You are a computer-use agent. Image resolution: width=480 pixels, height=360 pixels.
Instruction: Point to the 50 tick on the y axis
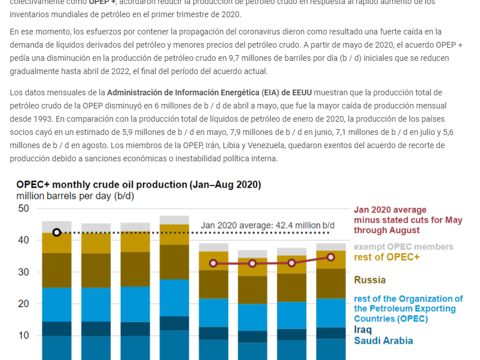(x=23, y=208)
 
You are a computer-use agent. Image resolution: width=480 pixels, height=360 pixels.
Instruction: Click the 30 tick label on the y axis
(x=23, y=272)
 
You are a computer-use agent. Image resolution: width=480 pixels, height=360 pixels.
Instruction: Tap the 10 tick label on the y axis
(x=23, y=335)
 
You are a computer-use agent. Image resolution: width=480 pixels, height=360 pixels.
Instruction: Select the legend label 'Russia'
(x=370, y=280)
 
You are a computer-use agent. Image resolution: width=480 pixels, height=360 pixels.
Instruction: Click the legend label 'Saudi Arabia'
(x=383, y=340)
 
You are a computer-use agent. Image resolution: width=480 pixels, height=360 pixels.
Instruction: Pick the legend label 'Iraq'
(x=363, y=330)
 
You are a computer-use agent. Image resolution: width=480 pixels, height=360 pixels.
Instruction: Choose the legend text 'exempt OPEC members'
(x=403, y=247)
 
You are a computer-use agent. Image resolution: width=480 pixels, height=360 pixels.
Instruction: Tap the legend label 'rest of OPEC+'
(x=386, y=257)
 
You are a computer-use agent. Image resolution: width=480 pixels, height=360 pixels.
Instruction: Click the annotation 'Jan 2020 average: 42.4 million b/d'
(x=268, y=225)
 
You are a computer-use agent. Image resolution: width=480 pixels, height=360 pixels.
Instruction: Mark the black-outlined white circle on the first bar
(x=56, y=233)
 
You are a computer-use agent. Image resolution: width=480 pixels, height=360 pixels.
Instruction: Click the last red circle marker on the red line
(x=331, y=257)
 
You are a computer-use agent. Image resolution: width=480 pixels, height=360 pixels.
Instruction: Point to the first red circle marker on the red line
(x=213, y=263)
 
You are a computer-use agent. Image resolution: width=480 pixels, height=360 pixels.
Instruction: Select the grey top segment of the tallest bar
(x=174, y=220)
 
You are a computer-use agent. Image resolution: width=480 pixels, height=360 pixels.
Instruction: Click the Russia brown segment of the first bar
(x=56, y=270)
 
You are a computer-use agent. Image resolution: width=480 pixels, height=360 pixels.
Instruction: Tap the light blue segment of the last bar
(x=331, y=313)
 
